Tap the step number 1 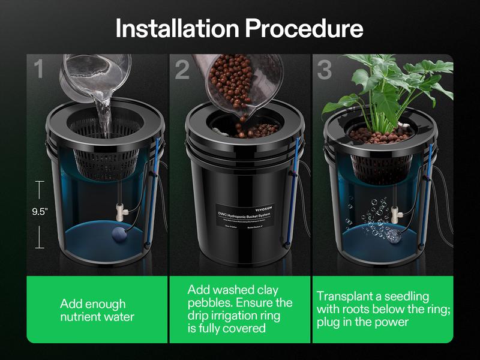[39, 70]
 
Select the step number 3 [325, 70]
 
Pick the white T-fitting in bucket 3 [397, 211]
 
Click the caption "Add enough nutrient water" [97, 311]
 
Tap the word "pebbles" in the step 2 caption [215, 303]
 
